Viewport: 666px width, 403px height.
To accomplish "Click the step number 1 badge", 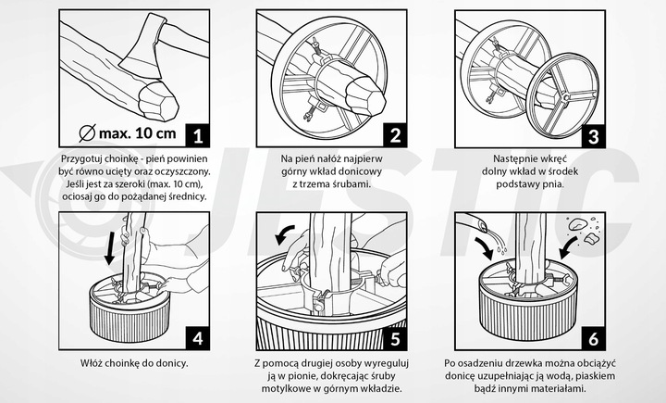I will pos(197,136).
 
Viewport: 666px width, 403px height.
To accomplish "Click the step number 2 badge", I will pos(396,136).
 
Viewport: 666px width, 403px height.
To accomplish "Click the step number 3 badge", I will pos(594,136).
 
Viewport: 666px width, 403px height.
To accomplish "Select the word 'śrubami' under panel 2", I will pos(351,183).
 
